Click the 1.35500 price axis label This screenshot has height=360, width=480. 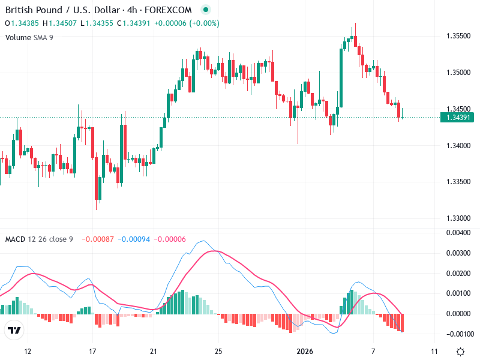click(458, 36)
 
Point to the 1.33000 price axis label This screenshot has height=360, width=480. click(458, 218)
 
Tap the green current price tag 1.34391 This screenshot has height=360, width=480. click(458, 117)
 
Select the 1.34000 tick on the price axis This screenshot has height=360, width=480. click(458, 146)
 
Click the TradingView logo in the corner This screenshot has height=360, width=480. click(14, 330)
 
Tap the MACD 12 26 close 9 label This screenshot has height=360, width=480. click(39, 239)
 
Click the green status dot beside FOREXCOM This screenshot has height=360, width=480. click(206, 10)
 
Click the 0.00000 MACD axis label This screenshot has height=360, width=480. click(458, 314)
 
